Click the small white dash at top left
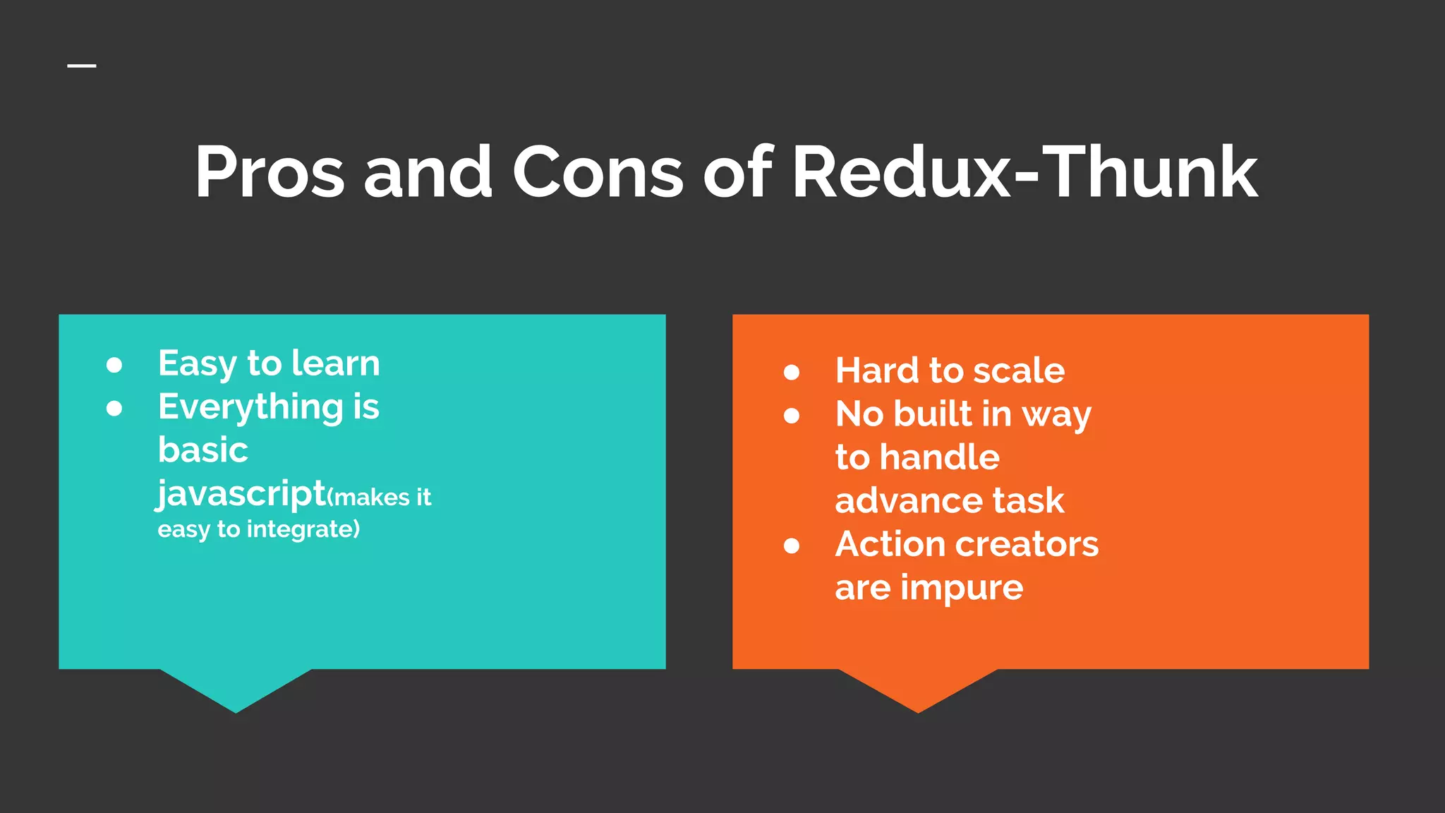pyautogui.click(x=82, y=66)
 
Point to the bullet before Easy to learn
pyautogui.click(x=114, y=365)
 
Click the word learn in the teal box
pyautogui.click(x=336, y=363)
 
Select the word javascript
pyautogui.click(x=241, y=494)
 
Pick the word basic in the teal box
pyautogui.click(x=203, y=450)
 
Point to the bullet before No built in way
pyautogui.click(x=792, y=416)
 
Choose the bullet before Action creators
pyautogui.click(x=792, y=546)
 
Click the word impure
pyautogui.click(x=962, y=588)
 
